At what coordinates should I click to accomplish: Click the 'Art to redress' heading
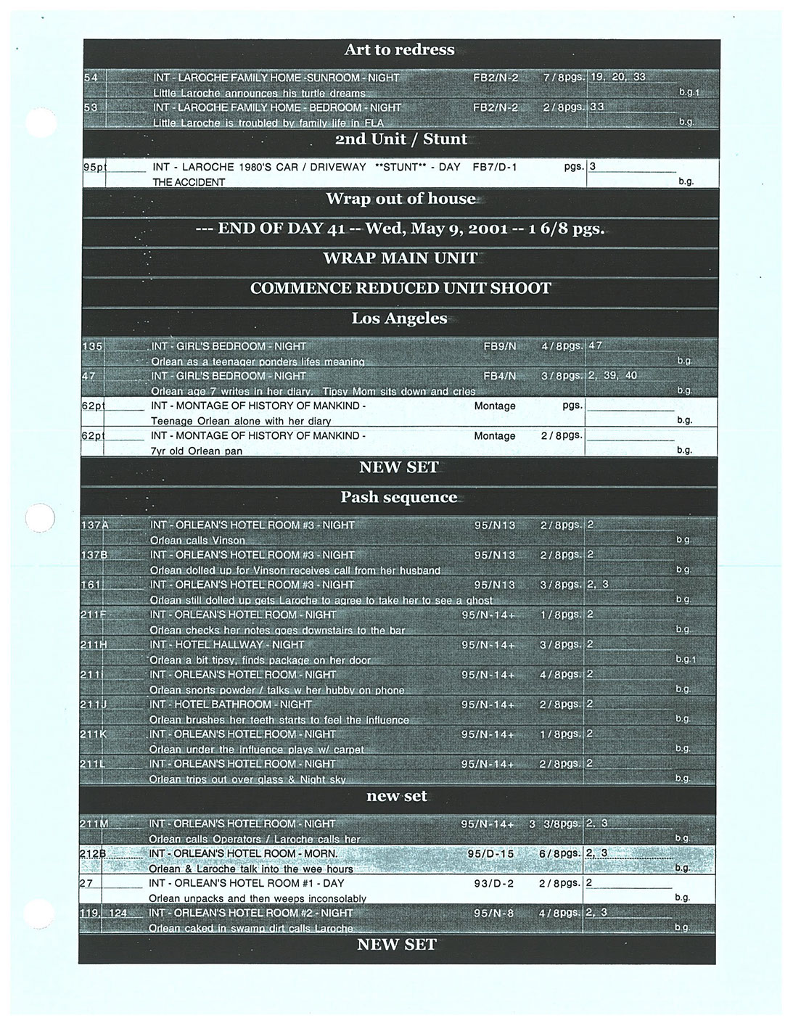(x=399, y=50)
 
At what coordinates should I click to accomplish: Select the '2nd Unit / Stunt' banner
(x=399, y=139)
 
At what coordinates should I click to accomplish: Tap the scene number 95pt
(x=95, y=167)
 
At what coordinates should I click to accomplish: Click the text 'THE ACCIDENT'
(x=189, y=182)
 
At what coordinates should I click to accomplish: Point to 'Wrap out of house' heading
(x=400, y=199)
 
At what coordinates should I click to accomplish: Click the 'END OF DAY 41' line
(x=400, y=229)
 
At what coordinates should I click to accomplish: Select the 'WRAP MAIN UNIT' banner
(x=400, y=258)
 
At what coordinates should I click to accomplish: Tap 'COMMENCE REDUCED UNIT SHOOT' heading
(x=400, y=288)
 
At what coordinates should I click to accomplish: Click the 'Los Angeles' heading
(x=399, y=319)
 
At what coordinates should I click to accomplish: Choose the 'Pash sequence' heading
(x=399, y=497)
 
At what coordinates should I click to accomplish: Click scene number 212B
(x=94, y=854)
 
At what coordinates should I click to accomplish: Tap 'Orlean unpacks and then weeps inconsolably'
(x=258, y=898)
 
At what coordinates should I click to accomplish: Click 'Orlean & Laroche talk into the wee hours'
(x=251, y=869)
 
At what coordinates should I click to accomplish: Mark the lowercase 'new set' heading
(x=396, y=796)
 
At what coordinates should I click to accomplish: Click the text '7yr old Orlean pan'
(x=197, y=451)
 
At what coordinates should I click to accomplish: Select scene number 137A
(x=94, y=525)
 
